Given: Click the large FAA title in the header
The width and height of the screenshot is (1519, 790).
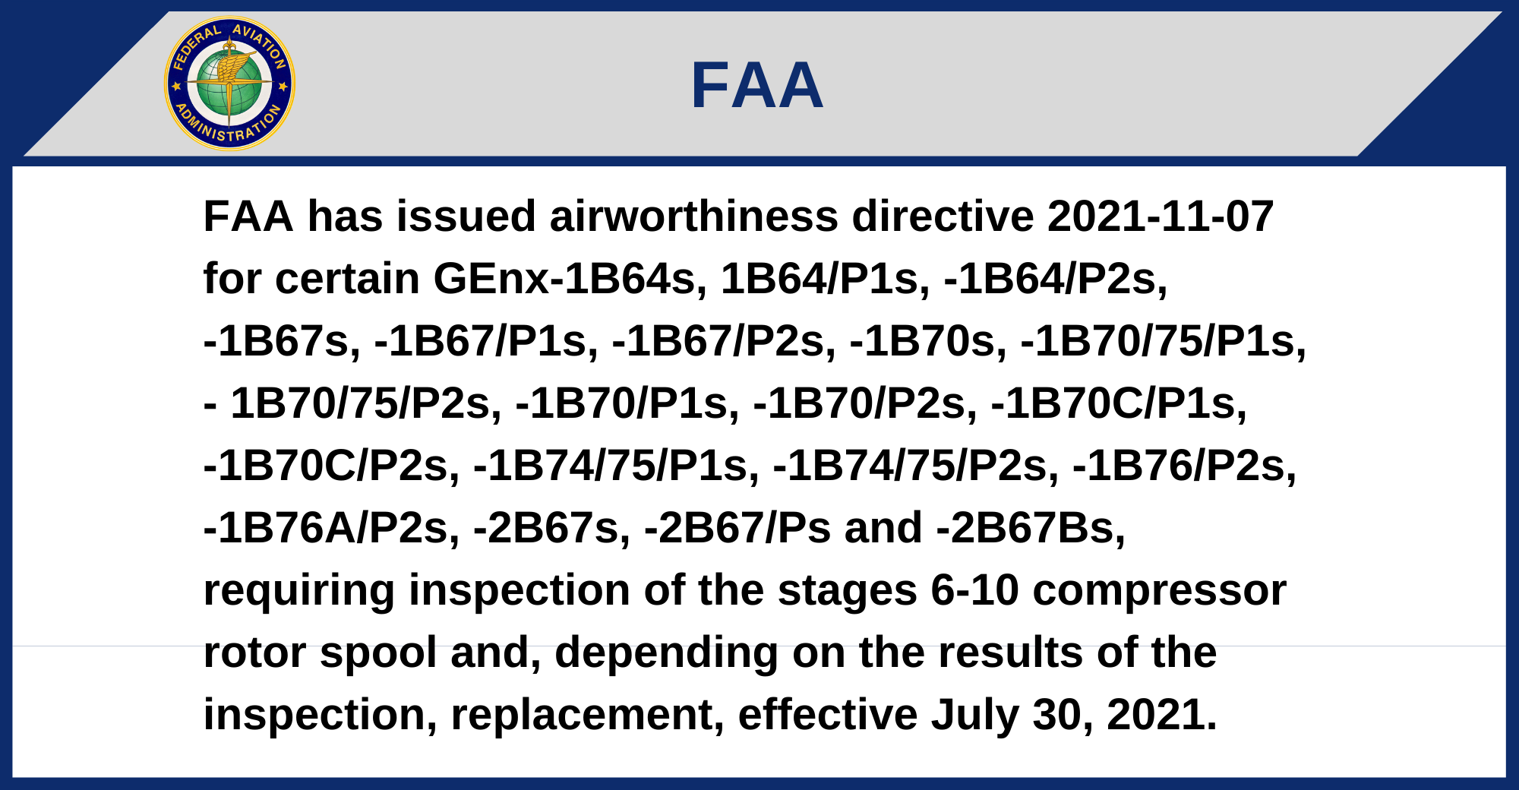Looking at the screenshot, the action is [757, 85].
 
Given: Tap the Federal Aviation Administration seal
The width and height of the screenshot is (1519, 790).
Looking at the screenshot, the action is [229, 84].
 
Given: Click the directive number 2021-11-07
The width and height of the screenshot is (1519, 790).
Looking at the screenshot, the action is [1160, 216].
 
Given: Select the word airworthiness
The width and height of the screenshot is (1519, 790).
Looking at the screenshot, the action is [693, 216].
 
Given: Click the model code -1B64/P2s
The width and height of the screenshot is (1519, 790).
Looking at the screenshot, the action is [1055, 279].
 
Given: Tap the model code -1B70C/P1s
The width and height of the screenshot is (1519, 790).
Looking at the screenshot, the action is [1119, 403].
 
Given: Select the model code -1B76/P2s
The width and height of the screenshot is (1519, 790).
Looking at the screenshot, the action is [1184, 466].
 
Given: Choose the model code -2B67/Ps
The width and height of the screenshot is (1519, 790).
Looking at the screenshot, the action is [737, 528].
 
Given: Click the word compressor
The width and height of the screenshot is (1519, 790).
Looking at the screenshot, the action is [1159, 590].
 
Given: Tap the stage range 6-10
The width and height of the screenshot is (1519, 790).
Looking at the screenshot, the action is [974, 590].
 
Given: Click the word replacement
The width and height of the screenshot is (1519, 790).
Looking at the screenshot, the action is [587, 715].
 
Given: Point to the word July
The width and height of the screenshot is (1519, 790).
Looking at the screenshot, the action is [974, 715].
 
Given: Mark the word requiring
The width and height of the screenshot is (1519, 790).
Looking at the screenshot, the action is [299, 590].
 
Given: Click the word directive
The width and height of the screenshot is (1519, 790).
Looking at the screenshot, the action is [943, 216].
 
